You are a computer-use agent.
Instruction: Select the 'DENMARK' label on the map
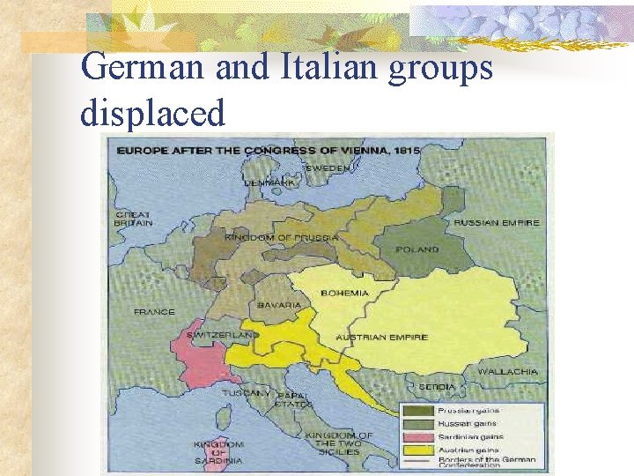pyautogui.click(x=269, y=182)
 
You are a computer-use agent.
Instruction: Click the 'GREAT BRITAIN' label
pyautogui.click(x=133, y=219)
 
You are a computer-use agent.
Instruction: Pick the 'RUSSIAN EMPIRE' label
pyautogui.click(x=497, y=222)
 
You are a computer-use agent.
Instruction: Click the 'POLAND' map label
pyautogui.click(x=417, y=249)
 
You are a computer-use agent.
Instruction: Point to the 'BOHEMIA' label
pyautogui.click(x=344, y=293)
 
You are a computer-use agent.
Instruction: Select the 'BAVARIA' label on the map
pyautogui.click(x=279, y=306)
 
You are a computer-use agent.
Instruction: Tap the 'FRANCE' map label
pyautogui.click(x=153, y=312)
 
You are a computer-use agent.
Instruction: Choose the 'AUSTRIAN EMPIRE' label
pyautogui.click(x=382, y=337)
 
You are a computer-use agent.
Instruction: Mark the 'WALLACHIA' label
pyautogui.click(x=507, y=372)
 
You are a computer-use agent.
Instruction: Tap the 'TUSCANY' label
pyautogui.click(x=246, y=393)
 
